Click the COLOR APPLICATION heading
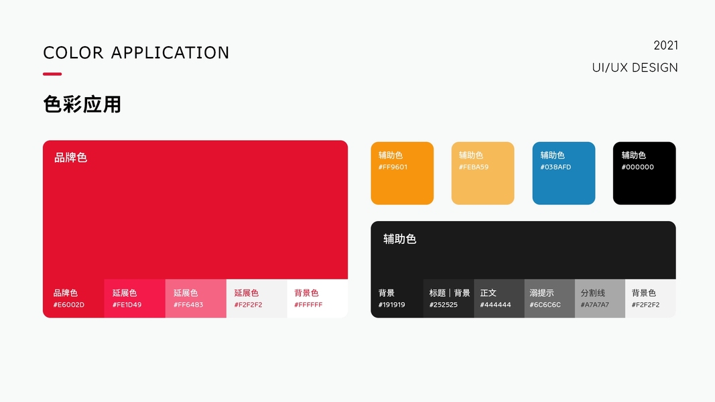pyautogui.click(x=136, y=53)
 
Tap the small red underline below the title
pyautogui.click(x=52, y=74)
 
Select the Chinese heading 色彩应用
pyautogui.click(x=82, y=105)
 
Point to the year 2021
pyautogui.click(x=666, y=46)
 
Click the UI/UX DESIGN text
pyautogui.click(x=635, y=68)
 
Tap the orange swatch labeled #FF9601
pyautogui.click(x=402, y=174)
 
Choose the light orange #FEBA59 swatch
pyautogui.click(x=483, y=174)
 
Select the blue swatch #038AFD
pyautogui.click(x=564, y=174)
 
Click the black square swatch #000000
pyautogui.click(x=645, y=174)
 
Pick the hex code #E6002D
pyautogui.click(x=69, y=305)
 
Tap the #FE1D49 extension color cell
pyautogui.click(x=135, y=299)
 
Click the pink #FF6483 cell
pyautogui.click(x=196, y=299)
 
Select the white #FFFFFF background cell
pyautogui.click(x=318, y=299)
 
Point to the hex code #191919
pyautogui.click(x=392, y=305)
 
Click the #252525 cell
pyautogui.click(x=449, y=299)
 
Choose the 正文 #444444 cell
pyautogui.click(x=499, y=299)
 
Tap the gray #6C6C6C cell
pyautogui.click(x=549, y=299)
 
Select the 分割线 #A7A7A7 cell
pyautogui.click(x=600, y=299)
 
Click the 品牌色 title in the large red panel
pyautogui.click(x=70, y=157)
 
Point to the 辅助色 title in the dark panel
pyautogui.click(x=400, y=239)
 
